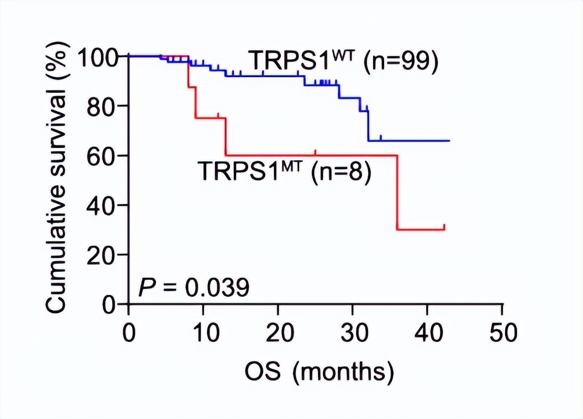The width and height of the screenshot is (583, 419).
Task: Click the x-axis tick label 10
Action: (203, 333)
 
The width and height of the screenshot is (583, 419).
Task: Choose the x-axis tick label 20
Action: (278, 333)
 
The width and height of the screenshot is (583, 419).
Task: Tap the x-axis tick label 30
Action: (353, 333)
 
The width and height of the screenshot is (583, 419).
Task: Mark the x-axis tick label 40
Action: (427, 333)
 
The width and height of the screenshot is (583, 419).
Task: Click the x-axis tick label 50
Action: (502, 333)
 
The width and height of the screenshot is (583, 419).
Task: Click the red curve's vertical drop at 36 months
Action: (398, 193)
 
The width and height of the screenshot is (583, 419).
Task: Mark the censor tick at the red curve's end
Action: (444, 227)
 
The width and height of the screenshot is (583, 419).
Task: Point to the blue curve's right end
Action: (449, 140)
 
